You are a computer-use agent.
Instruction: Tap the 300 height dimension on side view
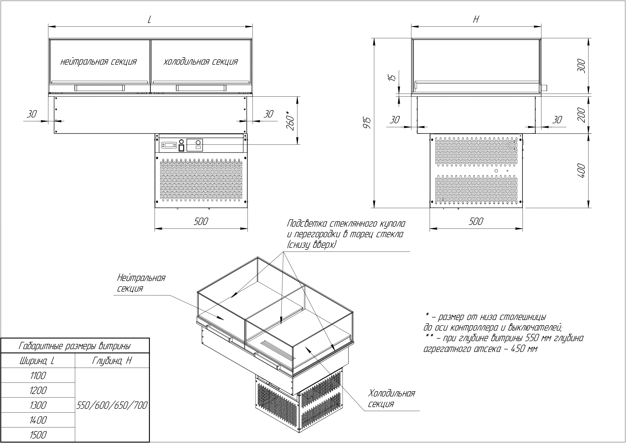pyautogui.click(x=581, y=66)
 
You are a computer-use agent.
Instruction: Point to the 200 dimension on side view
pyautogui.click(x=581, y=115)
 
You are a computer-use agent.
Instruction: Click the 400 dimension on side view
pyautogui.click(x=581, y=171)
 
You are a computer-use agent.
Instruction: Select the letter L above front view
pyautogui.click(x=149, y=20)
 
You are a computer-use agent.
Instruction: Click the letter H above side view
pyautogui.click(x=476, y=19)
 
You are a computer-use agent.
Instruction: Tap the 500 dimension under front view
pyautogui.click(x=201, y=221)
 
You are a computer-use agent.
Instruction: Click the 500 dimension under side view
pyautogui.click(x=476, y=221)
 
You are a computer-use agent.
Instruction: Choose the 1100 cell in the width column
pyautogui.click(x=38, y=376)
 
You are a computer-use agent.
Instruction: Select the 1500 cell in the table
pyautogui.click(x=38, y=435)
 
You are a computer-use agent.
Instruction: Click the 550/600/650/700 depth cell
pyautogui.click(x=112, y=405)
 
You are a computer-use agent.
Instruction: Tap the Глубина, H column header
pyautogui.click(x=112, y=361)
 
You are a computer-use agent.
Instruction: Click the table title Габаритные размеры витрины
pyautogui.click(x=75, y=346)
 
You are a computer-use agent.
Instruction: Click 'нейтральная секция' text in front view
pyautogui.click(x=98, y=62)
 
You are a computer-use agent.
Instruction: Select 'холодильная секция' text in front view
pyautogui.click(x=201, y=62)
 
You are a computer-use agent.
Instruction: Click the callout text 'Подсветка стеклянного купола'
pyautogui.click(x=346, y=224)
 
